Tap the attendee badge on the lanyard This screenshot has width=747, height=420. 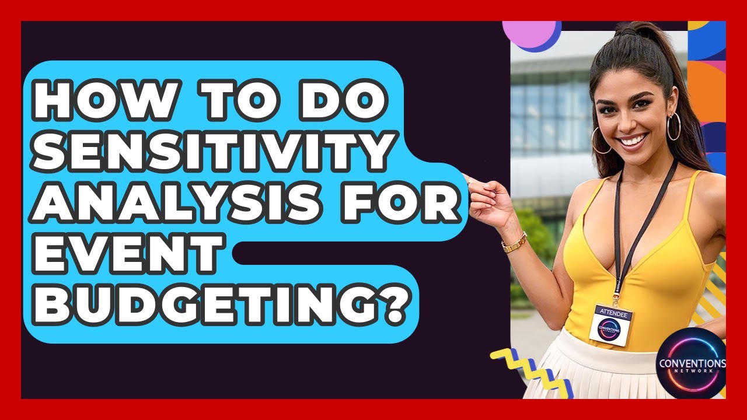(611, 323)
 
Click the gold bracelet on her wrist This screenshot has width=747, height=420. (514, 242)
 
